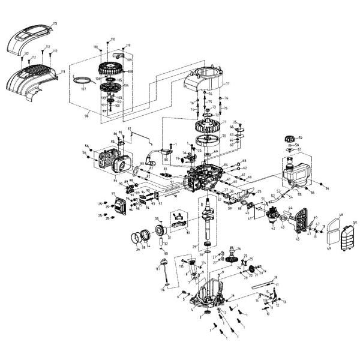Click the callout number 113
tap(55, 23)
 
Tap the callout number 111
tap(62, 71)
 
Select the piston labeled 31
tap(161, 231)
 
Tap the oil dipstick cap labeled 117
tap(161, 262)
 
